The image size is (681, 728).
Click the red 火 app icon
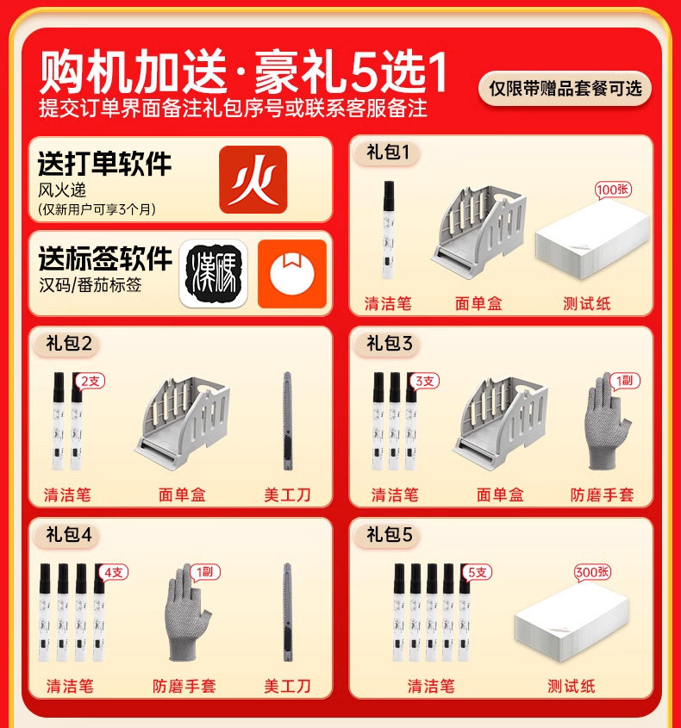pos(253,180)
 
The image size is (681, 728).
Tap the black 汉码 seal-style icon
pos(213,274)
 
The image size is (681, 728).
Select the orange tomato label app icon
pos(292,274)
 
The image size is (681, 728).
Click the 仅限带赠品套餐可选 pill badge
pos(565,88)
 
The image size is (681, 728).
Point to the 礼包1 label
pos(387,152)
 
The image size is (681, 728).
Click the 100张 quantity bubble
pos(613,190)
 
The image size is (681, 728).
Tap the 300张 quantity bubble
pos(592,571)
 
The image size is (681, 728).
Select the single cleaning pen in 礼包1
pos(389,230)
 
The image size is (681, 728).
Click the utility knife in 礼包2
pos(288,420)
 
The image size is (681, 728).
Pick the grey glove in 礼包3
pos(608,421)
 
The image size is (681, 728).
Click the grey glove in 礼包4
pos(188,613)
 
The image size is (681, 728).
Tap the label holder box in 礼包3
pos(500,423)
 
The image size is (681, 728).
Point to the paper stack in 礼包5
pos(572,622)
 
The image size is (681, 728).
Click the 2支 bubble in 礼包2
pos(91,381)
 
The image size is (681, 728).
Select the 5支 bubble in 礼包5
pos(477,572)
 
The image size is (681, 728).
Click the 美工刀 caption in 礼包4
pos(287,686)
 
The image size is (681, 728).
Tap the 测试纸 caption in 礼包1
pos(587,303)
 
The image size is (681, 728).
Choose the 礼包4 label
pos(69,534)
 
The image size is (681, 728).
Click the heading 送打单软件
pos(105,164)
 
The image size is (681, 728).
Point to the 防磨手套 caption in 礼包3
pos(602,495)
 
